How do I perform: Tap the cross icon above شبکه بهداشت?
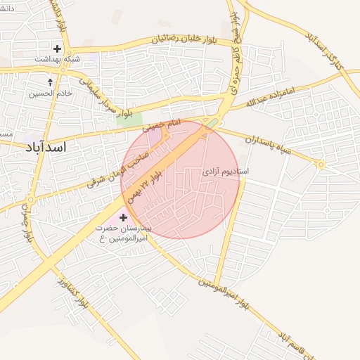[x=57, y=49]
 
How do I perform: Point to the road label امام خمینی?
[x=162, y=126]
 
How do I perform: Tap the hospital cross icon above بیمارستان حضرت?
[x=124, y=218]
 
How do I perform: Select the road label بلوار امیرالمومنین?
[x=223, y=294]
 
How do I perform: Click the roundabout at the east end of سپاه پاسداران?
[x=321, y=165]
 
